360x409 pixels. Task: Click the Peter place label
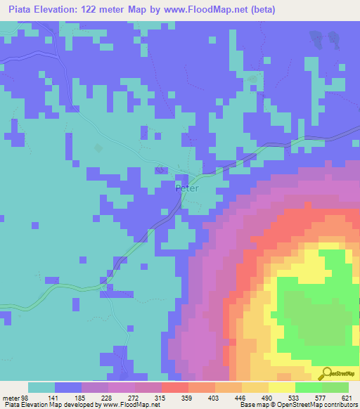pyautogui.click(x=186, y=188)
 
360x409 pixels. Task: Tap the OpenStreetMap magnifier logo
pyautogui.click(x=327, y=373)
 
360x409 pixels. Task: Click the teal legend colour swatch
pyautogui.click(x=41, y=387)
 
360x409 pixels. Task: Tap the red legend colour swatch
pyautogui.click(x=174, y=387)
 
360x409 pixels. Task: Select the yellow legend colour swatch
pyautogui.click(x=281, y=387)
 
